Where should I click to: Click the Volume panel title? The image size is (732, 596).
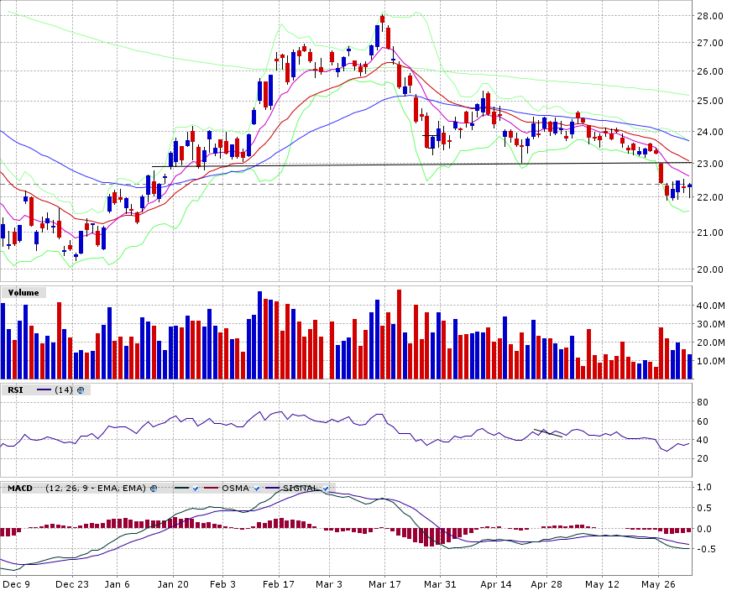(x=24, y=293)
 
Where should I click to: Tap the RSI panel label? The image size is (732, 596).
(x=16, y=389)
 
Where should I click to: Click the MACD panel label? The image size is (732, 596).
(x=19, y=488)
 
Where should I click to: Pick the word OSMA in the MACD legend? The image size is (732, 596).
(x=235, y=488)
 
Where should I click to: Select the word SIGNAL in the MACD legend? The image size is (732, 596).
(x=300, y=488)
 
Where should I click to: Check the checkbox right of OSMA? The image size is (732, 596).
(x=258, y=488)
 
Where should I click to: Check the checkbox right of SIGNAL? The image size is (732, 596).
(x=325, y=488)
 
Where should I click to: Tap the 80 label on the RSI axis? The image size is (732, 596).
(x=703, y=402)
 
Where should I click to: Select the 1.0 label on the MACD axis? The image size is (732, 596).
(x=706, y=487)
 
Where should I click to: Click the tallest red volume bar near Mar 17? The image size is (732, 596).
(x=399, y=334)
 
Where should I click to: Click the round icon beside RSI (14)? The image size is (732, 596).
(x=81, y=389)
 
